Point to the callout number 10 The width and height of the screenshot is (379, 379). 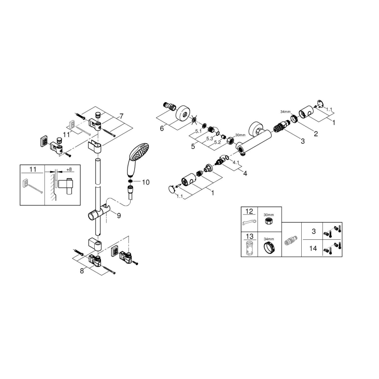click(x=145, y=182)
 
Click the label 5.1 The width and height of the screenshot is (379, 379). click(x=198, y=131)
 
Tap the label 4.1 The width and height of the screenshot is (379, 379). click(x=236, y=163)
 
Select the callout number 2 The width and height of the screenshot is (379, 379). click(x=315, y=133)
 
